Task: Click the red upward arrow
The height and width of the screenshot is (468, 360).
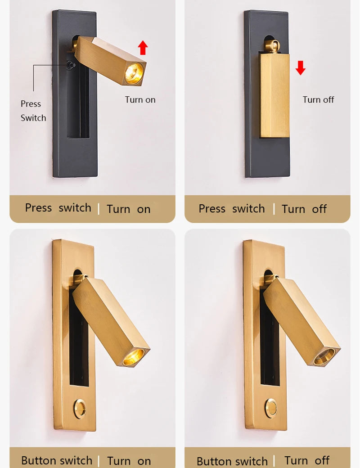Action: [x=143, y=48]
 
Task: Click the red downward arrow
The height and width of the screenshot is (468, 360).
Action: [x=301, y=68]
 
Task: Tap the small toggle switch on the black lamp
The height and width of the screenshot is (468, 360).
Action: [x=72, y=65]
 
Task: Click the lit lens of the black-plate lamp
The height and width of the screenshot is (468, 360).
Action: [x=134, y=73]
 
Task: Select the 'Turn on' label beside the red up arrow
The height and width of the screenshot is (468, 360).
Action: [x=140, y=100]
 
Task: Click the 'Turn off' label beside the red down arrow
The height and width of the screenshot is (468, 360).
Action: [x=318, y=100]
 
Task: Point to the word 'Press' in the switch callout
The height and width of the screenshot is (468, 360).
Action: [x=31, y=104]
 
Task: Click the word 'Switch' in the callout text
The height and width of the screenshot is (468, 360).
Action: [x=33, y=118]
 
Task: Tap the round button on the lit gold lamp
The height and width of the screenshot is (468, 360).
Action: [x=80, y=409]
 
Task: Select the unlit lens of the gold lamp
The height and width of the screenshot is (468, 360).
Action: [x=324, y=356]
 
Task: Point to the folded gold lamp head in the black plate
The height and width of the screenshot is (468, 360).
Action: [x=274, y=95]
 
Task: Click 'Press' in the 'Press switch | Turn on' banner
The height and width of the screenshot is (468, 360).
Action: [x=39, y=208]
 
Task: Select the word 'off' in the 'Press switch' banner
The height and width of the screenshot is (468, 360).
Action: [x=319, y=209]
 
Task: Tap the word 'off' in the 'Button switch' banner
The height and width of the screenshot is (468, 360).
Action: [x=322, y=460]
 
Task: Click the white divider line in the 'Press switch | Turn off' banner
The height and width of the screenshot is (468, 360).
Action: [x=274, y=209]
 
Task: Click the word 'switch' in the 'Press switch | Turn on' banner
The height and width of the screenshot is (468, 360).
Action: [x=75, y=208]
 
